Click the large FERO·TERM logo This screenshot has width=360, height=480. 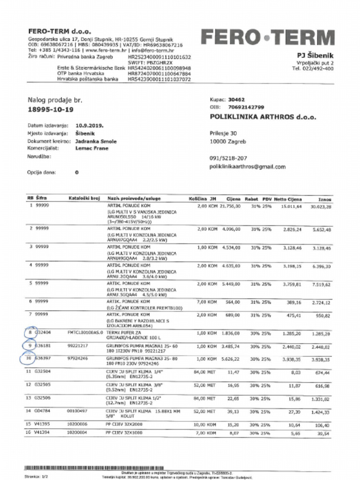click(x=268, y=37)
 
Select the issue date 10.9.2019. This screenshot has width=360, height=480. click(x=90, y=126)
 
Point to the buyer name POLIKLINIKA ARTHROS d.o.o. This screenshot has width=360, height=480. click(x=263, y=117)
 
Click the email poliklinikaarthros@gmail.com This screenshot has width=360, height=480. click(x=247, y=167)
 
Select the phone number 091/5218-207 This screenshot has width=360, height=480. click(x=228, y=158)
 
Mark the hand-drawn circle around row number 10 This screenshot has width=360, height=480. click(x=30, y=359)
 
